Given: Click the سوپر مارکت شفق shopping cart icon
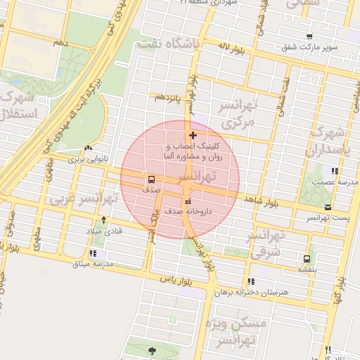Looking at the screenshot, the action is (309, 36).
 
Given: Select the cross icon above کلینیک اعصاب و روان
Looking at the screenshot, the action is (193, 134).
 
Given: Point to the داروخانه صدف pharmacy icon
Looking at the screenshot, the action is (187, 201).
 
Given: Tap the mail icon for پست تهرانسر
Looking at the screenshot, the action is (328, 207).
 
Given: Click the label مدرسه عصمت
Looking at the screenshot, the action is (330, 182).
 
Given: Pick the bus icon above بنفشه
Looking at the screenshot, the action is (306, 258).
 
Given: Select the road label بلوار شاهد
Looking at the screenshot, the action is (262, 202).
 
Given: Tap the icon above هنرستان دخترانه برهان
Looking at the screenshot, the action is (251, 281).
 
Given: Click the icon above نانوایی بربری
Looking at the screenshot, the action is (88, 148).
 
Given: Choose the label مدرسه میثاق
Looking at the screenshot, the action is (93, 264).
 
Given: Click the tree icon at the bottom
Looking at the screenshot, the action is (153, 349).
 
